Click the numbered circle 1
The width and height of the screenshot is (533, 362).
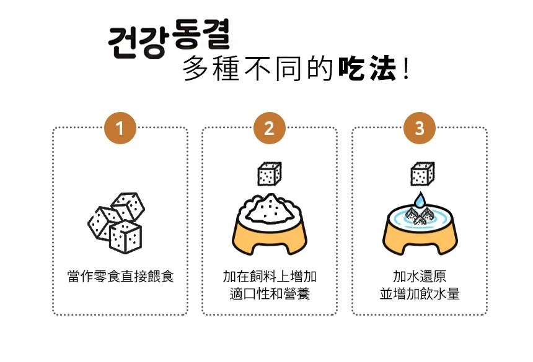tap(120, 128)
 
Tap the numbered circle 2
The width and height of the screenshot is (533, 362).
tap(270, 128)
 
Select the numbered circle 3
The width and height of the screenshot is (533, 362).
tap(420, 128)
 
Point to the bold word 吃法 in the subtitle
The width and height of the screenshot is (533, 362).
tap(367, 69)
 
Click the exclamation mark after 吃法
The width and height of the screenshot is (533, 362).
tap(405, 69)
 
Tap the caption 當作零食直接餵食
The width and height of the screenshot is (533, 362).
tap(121, 277)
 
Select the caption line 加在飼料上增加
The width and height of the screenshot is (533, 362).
tap(270, 277)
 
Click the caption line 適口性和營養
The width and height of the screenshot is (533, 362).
tap(270, 293)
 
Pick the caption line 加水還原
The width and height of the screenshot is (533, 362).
tap(420, 277)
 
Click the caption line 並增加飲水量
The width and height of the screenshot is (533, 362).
tap(420, 293)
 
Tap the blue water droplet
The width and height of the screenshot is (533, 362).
tap(420, 200)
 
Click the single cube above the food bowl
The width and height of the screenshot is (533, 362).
tap(270, 174)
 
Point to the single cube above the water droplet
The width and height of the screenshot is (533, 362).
tap(423, 174)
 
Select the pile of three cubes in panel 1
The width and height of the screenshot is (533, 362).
tap(117, 223)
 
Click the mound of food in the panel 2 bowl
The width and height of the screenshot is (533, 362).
tap(270, 209)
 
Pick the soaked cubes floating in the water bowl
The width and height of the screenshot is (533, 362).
tap(420, 215)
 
